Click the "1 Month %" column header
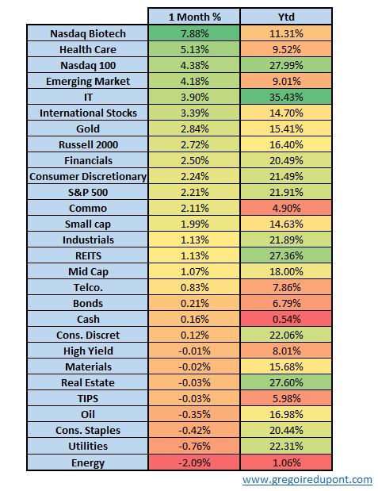[x=195, y=17]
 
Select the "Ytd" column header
[x=286, y=17]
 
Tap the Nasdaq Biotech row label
[x=88, y=33]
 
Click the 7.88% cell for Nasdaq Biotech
[x=195, y=33]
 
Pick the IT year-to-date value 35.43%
[x=286, y=97]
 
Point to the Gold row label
[x=88, y=129]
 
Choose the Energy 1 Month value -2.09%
[x=195, y=462]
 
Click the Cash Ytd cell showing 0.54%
[x=286, y=319]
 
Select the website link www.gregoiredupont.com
[x=307, y=480]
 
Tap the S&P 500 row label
[x=88, y=192]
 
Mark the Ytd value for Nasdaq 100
[x=286, y=66]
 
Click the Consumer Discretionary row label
[x=88, y=177]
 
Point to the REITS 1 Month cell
[x=195, y=256]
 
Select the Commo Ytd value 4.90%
[x=286, y=209]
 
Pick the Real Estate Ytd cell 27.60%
[x=286, y=382]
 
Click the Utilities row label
[x=88, y=447]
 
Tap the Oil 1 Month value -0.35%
[x=195, y=415]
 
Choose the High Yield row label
[x=88, y=351]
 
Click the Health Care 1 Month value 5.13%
[x=195, y=49]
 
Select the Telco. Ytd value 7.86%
[x=286, y=287]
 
